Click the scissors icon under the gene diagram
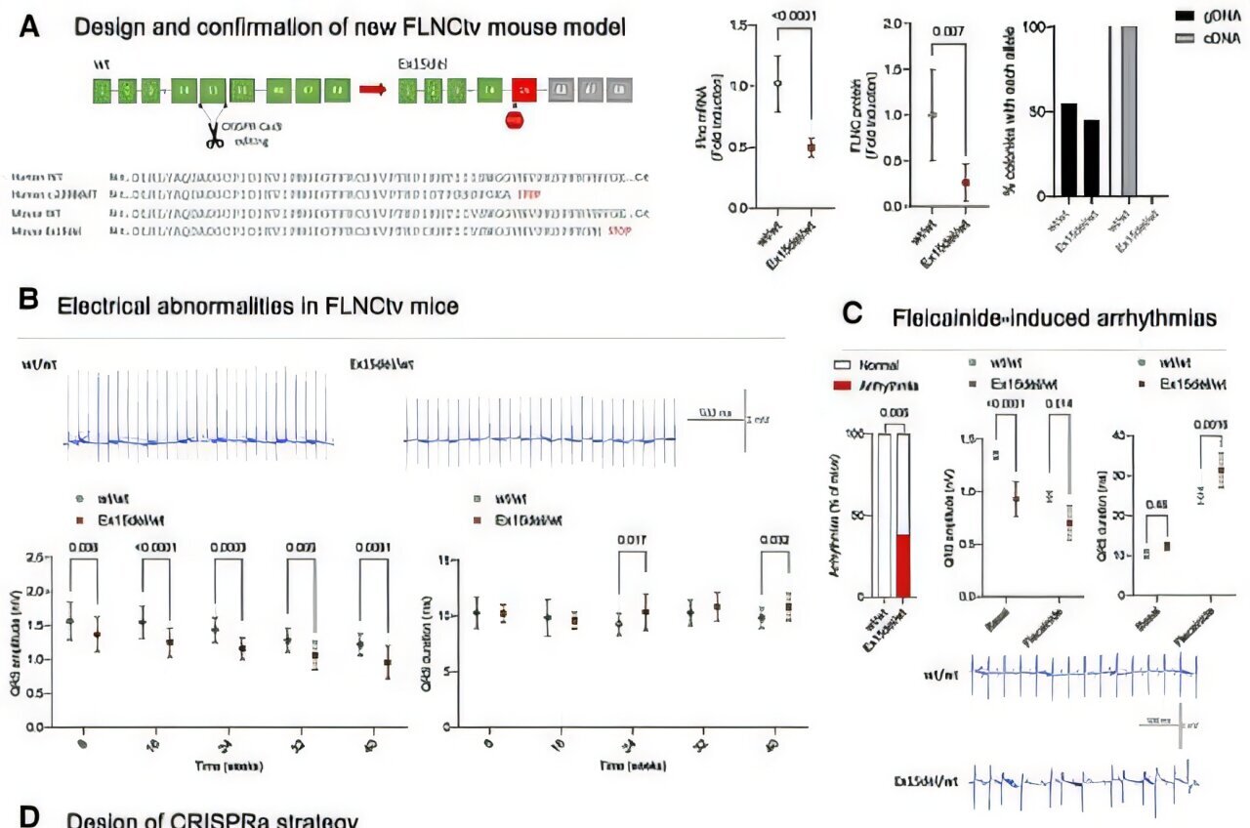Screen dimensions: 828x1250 (x=214, y=138)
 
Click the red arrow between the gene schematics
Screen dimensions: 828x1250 (x=372, y=91)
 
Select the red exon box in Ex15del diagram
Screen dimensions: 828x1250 (x=524, y=91)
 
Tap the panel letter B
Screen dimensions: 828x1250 (x=29, y=304)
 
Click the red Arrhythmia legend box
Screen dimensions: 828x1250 (x=844, y=387)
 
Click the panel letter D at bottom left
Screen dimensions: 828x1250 (x=29, y=818)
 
